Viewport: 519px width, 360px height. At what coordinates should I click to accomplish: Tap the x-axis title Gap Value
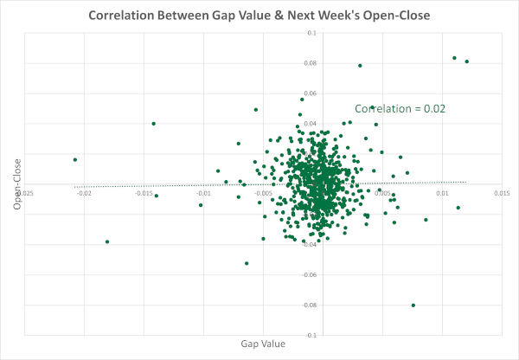[x=263, y=344]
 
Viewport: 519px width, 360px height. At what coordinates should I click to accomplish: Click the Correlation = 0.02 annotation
[x=400, y=108]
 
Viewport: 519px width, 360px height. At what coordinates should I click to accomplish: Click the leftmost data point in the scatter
[x=75, y=159]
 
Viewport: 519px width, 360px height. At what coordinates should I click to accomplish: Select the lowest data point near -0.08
[x=413, y=305]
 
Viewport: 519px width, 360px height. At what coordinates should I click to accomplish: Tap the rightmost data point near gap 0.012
[x=467, y=61]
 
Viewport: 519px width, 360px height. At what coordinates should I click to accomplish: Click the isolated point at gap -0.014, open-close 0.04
[x=154, y=124]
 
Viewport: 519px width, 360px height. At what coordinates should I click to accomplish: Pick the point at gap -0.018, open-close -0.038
[x=107, y=241]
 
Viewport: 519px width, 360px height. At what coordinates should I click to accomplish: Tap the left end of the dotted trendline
[x=75, y=186]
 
